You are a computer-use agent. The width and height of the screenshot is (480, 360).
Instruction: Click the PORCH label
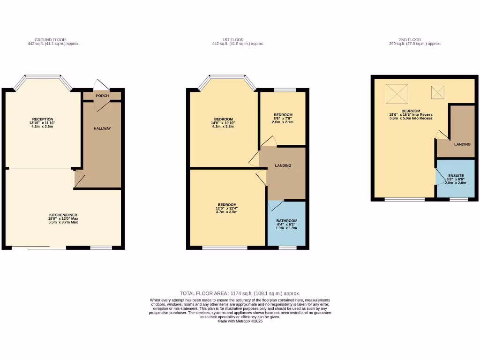[102, 96]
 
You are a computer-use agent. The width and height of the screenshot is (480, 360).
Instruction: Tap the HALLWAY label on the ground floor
[102, 128]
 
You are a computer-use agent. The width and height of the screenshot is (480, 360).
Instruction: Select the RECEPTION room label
[43, 119]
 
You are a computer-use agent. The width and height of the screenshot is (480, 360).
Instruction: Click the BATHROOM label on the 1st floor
[286, 221]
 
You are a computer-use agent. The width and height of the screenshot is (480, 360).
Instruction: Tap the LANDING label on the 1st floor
[283, 165]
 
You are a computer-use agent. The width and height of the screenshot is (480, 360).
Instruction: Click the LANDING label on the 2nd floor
[462, 144]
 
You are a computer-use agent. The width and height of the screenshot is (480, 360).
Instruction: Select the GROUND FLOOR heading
[50, 40]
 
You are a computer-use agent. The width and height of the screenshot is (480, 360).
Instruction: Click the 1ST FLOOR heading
[238, 40]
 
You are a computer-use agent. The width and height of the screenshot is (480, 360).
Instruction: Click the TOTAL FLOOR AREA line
[240, 293]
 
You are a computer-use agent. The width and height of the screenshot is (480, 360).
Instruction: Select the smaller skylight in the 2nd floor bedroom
[437, 92]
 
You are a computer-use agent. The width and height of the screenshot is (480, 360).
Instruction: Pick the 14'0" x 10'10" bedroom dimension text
[224, 123]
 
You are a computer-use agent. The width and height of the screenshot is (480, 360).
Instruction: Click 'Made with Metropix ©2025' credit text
[240, 321]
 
